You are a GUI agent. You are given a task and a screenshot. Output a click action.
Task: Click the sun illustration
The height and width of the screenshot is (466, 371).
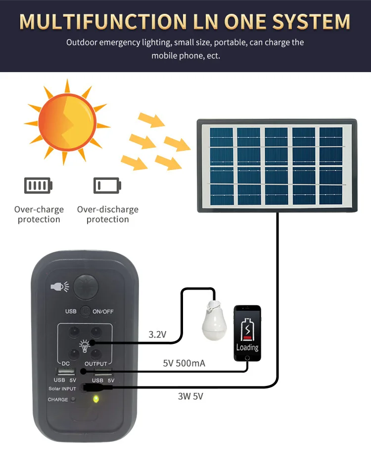(x=66, y=121)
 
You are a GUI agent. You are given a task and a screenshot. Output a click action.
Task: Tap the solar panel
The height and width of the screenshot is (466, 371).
(x=277, y=166)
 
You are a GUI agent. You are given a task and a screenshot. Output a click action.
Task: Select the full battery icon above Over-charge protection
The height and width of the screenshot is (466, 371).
(x=38, y=186)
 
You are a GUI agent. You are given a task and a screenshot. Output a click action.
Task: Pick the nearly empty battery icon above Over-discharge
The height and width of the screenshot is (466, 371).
(x=107, y=186)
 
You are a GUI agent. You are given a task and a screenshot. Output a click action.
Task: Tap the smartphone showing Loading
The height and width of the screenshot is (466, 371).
(x=247, y=334)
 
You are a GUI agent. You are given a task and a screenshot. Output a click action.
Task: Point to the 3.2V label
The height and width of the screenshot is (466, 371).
(x=158, y=335)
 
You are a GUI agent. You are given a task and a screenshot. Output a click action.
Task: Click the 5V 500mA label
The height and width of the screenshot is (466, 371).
(x=184, y=364)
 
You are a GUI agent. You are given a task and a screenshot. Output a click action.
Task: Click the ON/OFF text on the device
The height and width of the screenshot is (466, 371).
(x=103, y=311)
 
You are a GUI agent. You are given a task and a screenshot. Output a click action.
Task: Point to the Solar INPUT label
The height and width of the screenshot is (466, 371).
(x=62, y=389)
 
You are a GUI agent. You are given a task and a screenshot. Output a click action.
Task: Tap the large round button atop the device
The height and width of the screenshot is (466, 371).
(x=87, y=287)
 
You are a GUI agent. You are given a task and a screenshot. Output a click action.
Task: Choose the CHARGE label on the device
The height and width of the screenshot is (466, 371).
(x=58, y=399)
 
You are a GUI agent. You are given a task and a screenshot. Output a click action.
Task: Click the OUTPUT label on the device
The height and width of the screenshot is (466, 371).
(x=95, y=364)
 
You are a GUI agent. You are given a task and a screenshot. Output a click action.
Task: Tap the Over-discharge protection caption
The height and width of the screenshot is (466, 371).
(x=107, y=214)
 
